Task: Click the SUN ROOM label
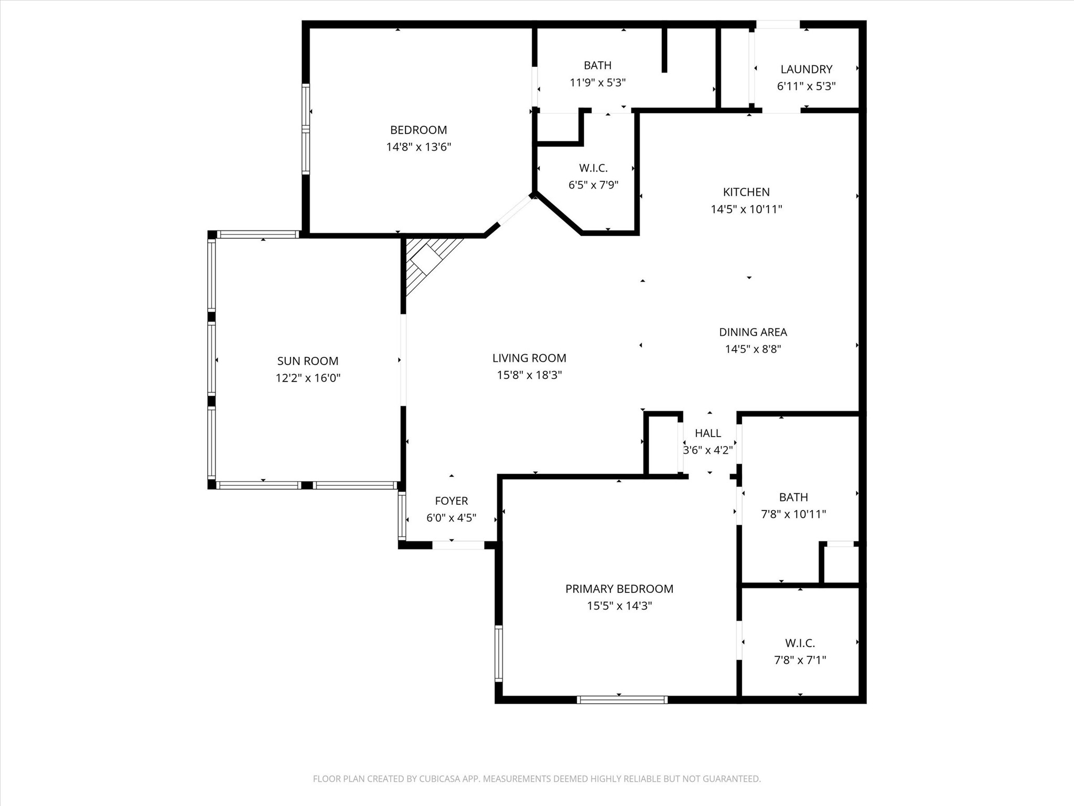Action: point(308,361)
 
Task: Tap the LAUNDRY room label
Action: point(806,69)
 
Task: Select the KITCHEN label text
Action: point(746,192)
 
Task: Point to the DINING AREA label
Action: point(753,332)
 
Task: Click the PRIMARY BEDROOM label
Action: point(619,589)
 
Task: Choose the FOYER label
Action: point(452,501)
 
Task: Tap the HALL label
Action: point(708,433)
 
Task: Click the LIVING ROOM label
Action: point(529,358)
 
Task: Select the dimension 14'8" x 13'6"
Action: point(418,147)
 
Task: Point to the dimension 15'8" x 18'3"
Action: point(530,375)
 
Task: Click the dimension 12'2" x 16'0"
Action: point(308,378)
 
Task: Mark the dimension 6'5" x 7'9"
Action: point(594,185)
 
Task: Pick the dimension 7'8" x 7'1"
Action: point(800,660)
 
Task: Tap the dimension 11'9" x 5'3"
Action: point(598,82)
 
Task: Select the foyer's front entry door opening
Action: point(458,545)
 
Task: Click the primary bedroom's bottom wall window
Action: point(622,699)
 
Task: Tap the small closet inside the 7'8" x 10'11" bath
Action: point(840,564)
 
